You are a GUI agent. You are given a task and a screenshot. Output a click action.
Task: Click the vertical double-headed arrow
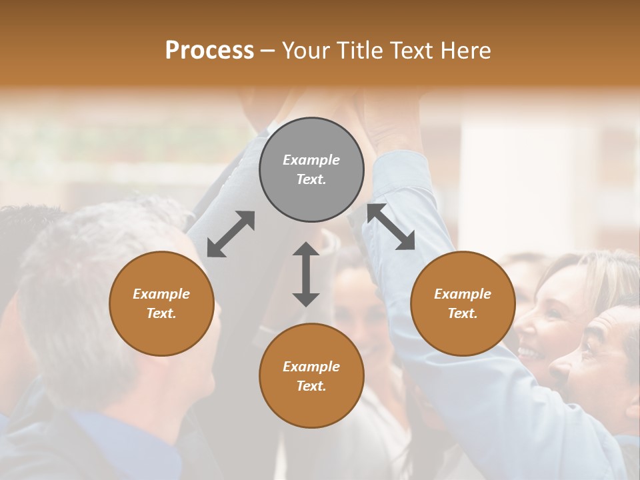[306, 274]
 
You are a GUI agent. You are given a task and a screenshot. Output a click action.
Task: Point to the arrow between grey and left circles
[231, 234]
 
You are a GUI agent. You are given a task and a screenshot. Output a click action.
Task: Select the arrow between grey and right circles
[391, 227]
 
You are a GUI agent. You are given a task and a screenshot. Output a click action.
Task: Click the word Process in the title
[209, 50]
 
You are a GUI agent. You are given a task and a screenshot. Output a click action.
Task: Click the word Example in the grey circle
[311, 160]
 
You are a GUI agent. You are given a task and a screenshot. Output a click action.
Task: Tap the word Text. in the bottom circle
[311, 386]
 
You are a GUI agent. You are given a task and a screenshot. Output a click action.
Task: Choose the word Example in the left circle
[161, 294]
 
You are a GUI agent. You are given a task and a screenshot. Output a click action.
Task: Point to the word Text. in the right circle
[463, 313]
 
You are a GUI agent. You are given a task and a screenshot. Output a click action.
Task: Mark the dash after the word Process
[267, 51]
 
